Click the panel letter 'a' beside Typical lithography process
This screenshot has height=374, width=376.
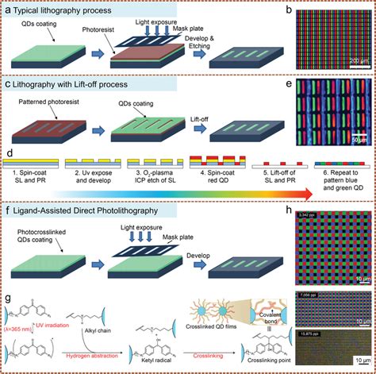click(9, 10)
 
